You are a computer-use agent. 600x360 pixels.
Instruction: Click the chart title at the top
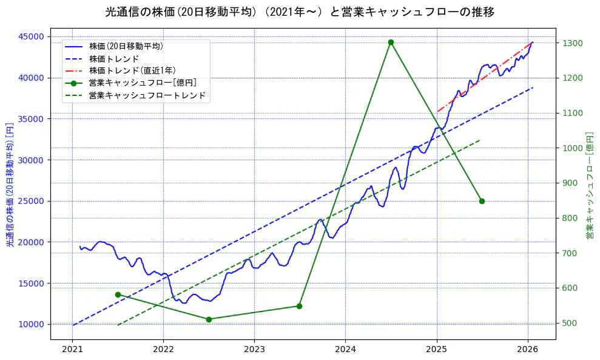(300, 12)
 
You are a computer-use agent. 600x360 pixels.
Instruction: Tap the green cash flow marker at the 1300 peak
(391, 42)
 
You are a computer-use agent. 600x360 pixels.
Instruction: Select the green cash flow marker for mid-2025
(482, 201)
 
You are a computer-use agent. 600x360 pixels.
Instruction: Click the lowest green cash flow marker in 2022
(209, 319)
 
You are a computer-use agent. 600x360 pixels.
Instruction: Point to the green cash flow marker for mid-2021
(118, 294)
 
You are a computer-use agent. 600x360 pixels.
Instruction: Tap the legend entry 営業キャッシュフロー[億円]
(143, 83)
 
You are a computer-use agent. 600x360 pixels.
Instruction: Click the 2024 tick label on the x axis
(345, 350)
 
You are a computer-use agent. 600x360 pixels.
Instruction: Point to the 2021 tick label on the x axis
(72, 350)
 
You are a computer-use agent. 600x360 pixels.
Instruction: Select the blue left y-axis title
(10, 185)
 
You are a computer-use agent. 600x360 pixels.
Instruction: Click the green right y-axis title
(589, 185)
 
